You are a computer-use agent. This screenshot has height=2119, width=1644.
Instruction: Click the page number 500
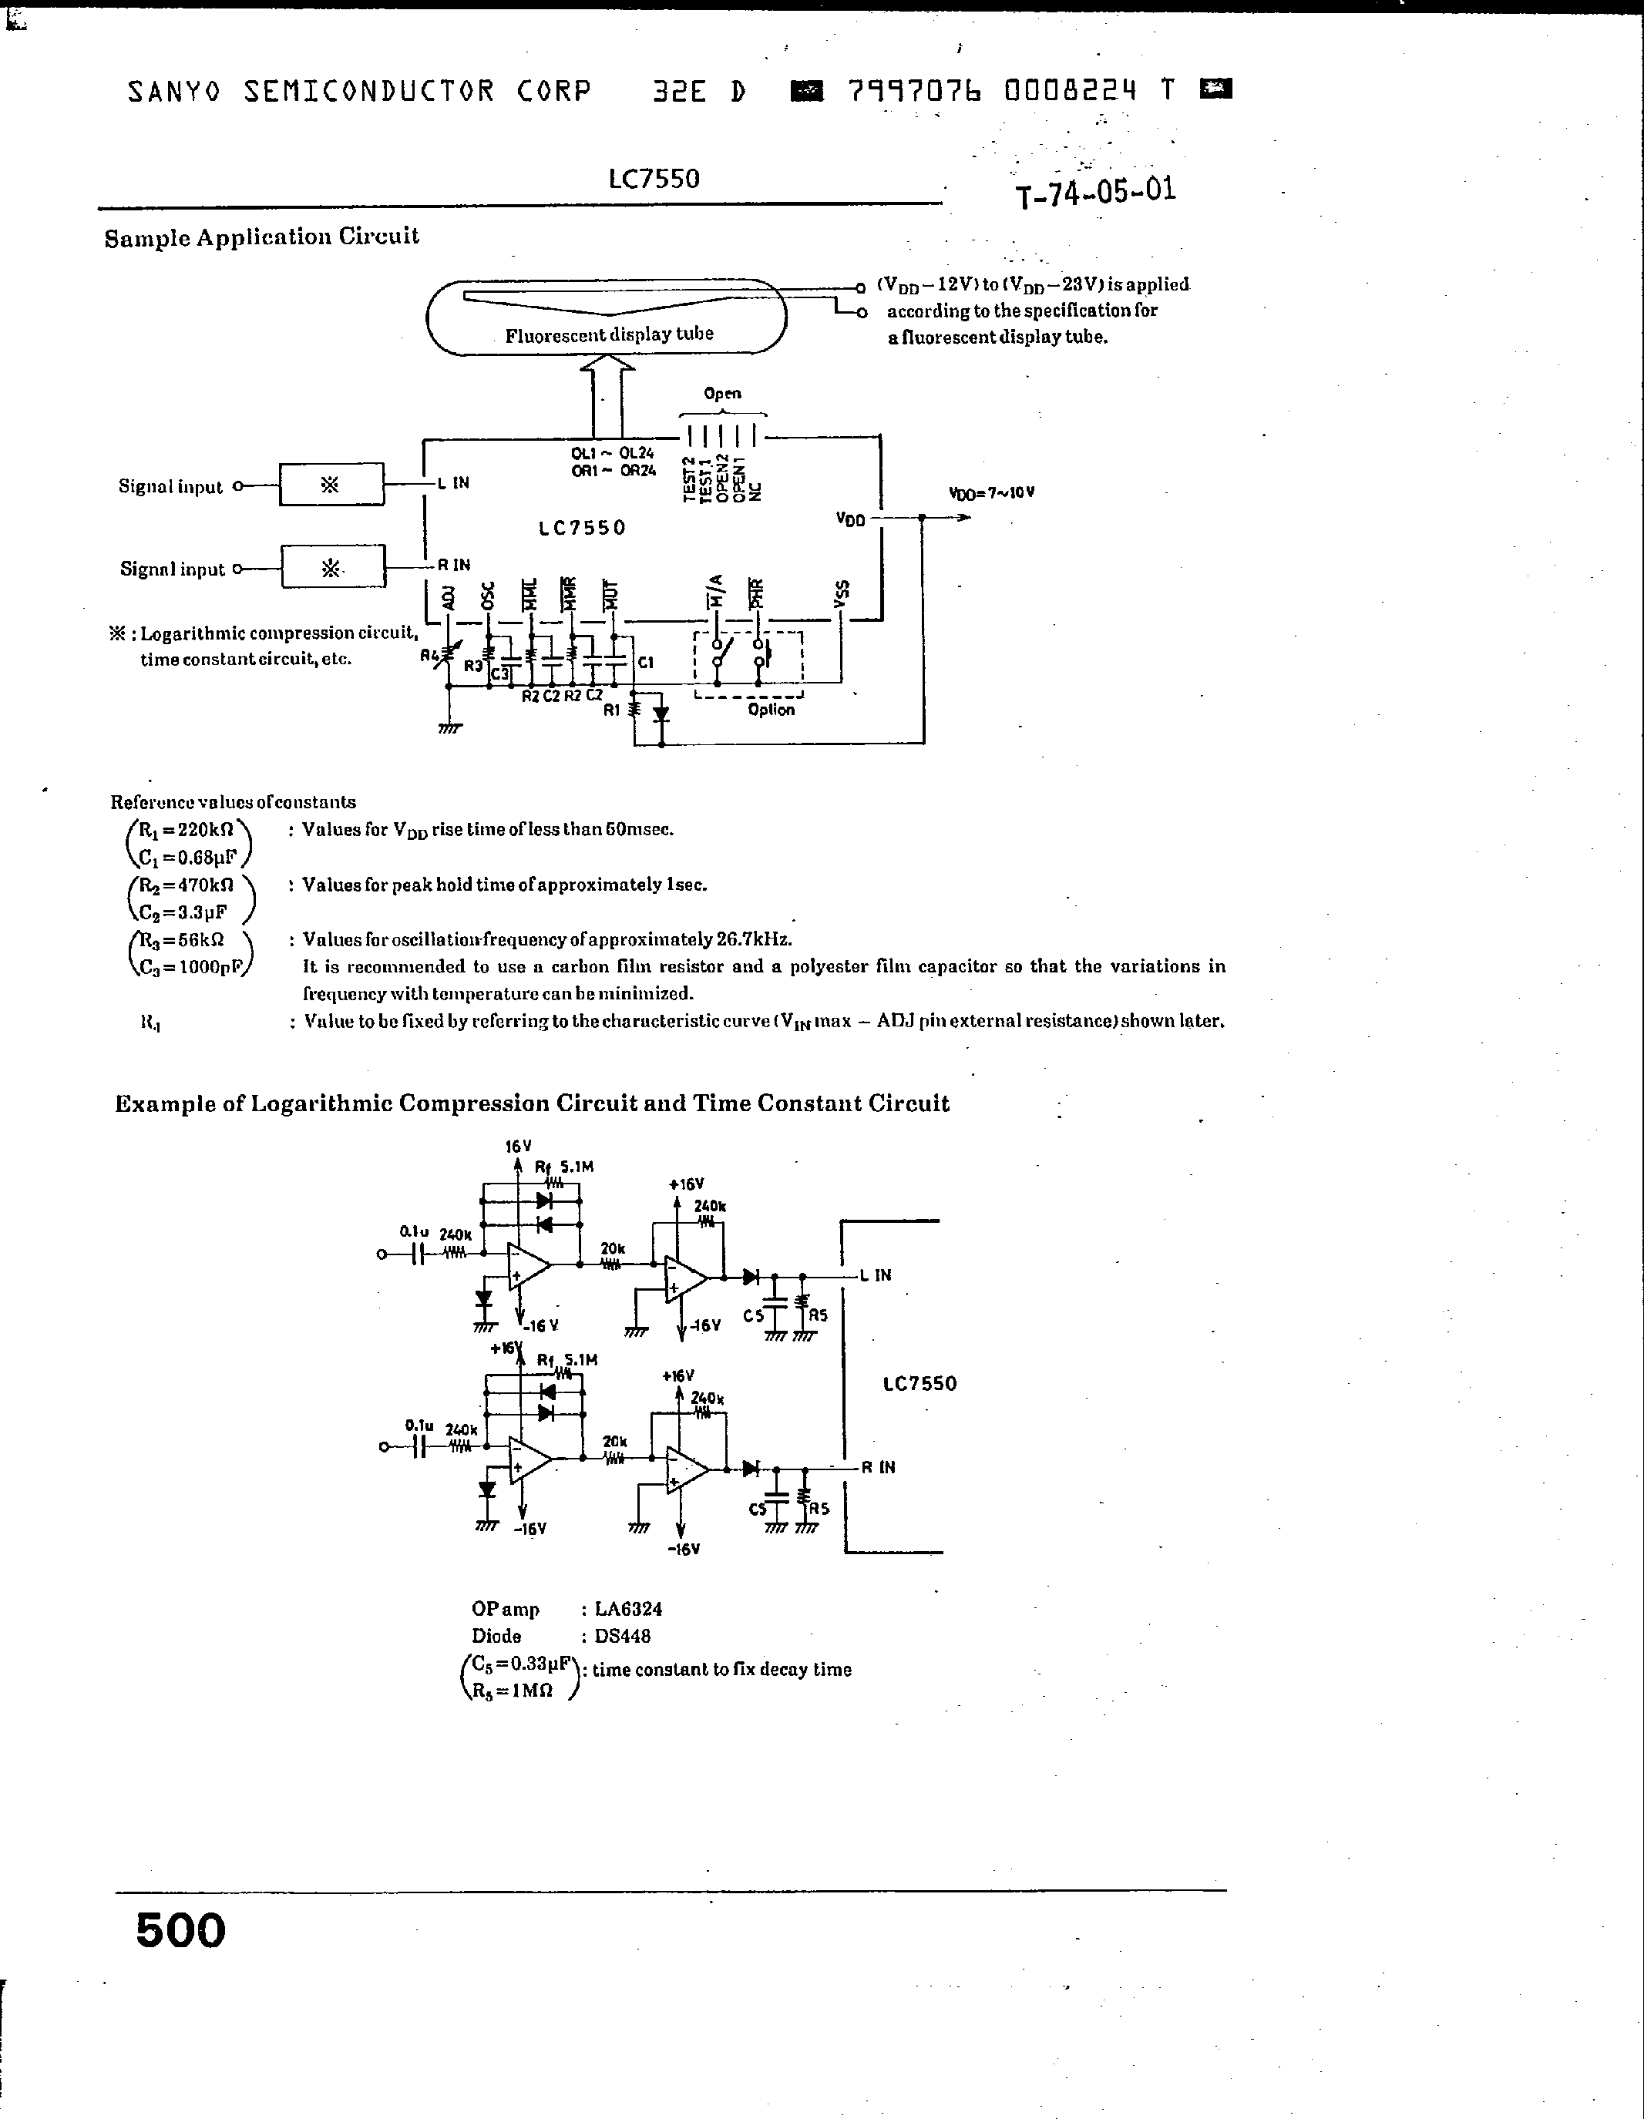click(180, 1929)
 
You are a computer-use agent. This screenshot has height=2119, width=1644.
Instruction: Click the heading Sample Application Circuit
click(261, 237)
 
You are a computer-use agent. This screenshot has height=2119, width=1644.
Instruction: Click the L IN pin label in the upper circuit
click(453, 482)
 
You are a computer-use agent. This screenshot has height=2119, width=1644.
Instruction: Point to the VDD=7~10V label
click(991, 493)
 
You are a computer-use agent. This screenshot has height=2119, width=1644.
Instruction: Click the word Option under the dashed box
click(771, 709)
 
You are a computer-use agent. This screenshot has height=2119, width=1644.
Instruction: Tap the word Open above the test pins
click(722, 393)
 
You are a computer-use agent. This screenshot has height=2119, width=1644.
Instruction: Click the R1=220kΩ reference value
click(187, 831)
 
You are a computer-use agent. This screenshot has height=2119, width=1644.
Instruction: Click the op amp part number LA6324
click(628, 1609)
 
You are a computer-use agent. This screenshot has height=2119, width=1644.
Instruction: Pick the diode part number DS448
click(622, 1636)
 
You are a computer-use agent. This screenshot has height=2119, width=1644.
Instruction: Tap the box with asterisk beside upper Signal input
click(331, 484)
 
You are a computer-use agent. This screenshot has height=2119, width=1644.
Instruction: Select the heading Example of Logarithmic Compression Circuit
click(532, 1103)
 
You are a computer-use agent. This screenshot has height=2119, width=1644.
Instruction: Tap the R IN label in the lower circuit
click(877, 1467)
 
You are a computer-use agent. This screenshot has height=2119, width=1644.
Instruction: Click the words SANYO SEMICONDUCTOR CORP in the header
click(359, 91)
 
